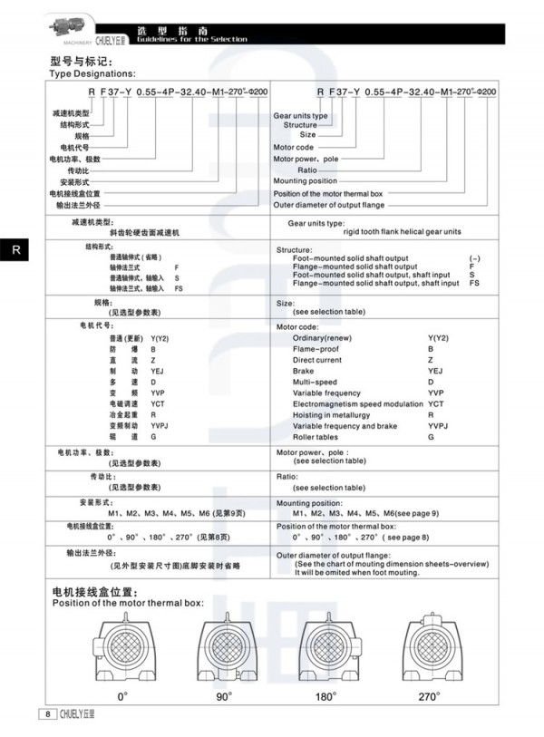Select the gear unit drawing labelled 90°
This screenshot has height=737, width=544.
point(225,648)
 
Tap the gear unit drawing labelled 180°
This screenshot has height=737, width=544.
point(326,648)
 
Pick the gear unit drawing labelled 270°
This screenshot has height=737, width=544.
point(430,648)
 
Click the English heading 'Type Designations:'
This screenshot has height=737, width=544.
point(92,73)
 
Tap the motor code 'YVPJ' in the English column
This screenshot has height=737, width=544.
point(439,426)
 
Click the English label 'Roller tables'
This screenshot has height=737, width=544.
point(316,437)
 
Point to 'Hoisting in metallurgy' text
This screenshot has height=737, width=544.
point(331,414)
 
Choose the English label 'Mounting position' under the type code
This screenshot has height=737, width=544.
point(305,180)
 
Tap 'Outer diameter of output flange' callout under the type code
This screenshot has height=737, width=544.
point(329,204)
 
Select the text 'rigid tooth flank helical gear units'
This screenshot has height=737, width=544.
point(402,231)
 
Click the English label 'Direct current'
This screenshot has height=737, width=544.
point(316,359)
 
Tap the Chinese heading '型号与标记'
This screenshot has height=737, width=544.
point(79,61)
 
